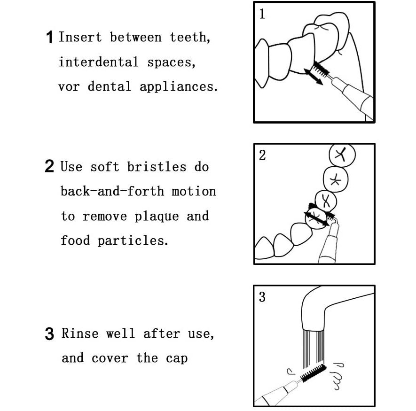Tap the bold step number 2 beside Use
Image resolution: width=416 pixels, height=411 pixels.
[x=49, y=166]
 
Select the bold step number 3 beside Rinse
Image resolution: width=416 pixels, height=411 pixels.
[x=49, y=333]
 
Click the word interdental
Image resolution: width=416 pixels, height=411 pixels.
[x=98, y=62]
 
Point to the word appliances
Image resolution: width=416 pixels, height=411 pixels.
[x=179, y=87]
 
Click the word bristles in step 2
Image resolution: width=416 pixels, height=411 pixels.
[x=157, y=167]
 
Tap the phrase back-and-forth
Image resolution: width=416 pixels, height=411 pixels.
[x=112, y=191]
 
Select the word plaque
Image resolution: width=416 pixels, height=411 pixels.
[x=157, y=217]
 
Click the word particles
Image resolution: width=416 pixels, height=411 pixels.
[x=133, y=241]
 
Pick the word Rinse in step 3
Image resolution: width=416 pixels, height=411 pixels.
[x=80, y=333]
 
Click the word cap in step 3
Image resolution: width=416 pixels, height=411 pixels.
[x=177, y=358]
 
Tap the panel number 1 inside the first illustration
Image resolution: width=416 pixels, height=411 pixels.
[x=262, y=14]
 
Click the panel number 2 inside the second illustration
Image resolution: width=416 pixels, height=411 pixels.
[x=262, y=155]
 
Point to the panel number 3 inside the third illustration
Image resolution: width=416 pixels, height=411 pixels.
[x=262, y=297]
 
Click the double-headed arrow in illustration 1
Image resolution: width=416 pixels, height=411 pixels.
[x=314, y=77]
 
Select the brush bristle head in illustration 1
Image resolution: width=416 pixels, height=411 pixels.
[x=322, y=69]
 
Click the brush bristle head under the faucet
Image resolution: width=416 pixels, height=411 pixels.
[x=313, y=372]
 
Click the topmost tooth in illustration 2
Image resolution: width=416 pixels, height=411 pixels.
[x=342, y=155]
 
